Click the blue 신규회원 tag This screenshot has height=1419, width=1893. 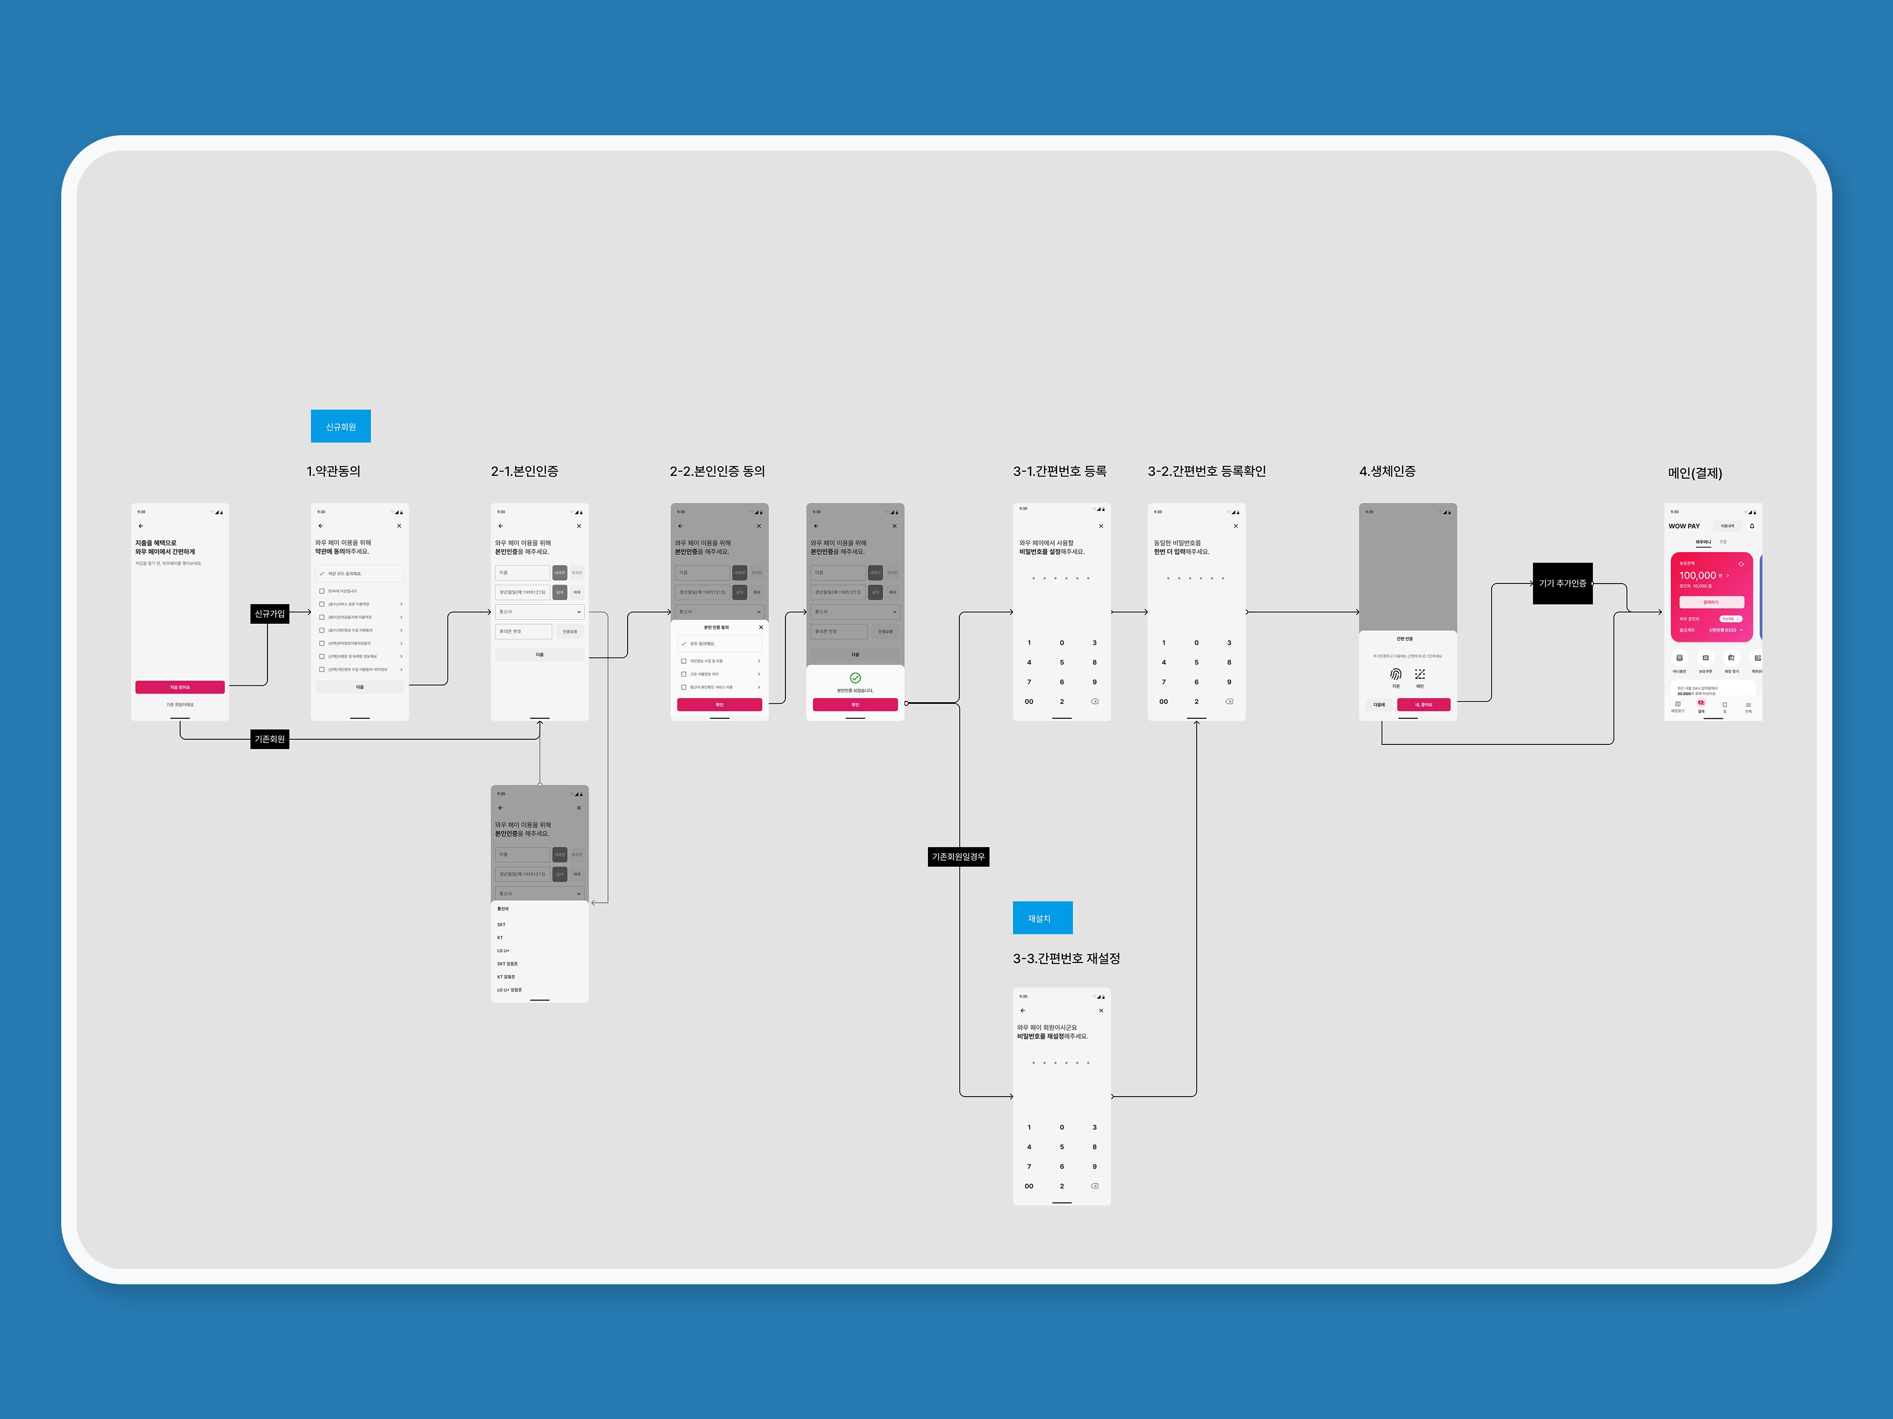point(341,426)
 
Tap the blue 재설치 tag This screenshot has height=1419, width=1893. point(1042,918)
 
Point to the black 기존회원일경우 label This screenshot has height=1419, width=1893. point(958,856)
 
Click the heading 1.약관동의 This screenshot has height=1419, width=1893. point(334,471)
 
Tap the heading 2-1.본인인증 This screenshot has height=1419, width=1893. point(525,471)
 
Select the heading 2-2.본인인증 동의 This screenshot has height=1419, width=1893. point(717,471)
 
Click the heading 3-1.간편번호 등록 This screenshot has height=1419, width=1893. point(1060,471)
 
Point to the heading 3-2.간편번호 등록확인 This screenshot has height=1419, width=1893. point(1207,471)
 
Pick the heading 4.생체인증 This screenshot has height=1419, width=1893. point(1387,471)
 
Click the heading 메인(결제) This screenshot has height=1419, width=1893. point(1694,473)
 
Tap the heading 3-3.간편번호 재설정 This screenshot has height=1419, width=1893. point(1066,958)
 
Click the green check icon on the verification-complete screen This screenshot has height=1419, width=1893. point(855,678)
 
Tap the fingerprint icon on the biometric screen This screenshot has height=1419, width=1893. point(1396,674)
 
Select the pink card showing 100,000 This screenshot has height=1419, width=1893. point(1711,597)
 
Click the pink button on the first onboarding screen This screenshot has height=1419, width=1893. point(180,687)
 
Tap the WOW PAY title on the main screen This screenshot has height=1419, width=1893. point(1683,526)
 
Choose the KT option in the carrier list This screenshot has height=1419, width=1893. point(501,937)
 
